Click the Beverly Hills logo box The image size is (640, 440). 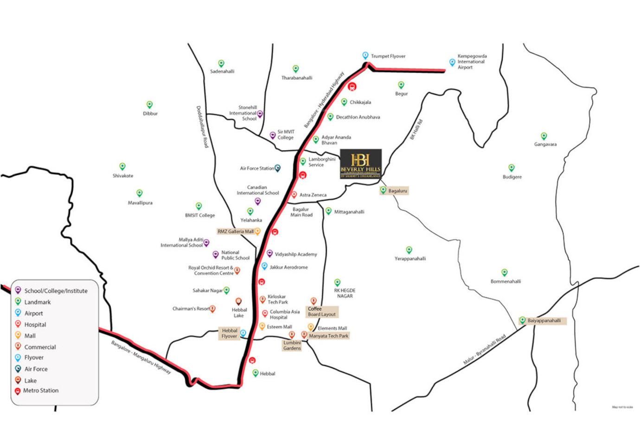[x=360, y=163]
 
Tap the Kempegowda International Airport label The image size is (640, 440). [x=472, y=62]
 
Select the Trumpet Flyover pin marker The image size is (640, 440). [x=365, y=56]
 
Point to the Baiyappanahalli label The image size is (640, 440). [x=544, y=321]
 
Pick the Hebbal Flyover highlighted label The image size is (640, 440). [x=230, y=333]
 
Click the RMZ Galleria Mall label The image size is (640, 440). [x=236, y=231]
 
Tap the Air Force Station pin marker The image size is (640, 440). [x=277, y=168]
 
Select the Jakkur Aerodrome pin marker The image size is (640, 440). [x=264, y=266]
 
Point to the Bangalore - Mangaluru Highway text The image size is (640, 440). [x=141, y=357]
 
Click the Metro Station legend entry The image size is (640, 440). [x=41, y=390]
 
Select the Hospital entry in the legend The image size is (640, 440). [x=35, y=325]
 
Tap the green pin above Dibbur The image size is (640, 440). [x=149, y=105]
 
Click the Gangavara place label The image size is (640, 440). [x=545, y=145]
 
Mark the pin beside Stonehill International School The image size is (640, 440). [x=260, y=114]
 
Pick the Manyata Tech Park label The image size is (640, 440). [x=328, y=336]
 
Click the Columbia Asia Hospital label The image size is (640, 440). [x=284, y=314]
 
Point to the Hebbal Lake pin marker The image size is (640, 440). [x=239, y=302]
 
